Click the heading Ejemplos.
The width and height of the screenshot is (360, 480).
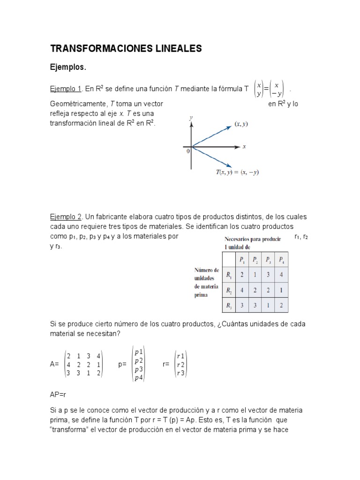click(x=68, y=67)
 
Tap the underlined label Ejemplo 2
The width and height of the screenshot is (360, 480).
click(x=66, y=217)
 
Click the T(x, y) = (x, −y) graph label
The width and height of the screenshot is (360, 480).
click(x=237, y=172)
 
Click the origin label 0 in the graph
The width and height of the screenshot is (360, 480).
click(x=187, y=151)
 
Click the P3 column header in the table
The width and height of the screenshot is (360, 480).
click(x=268, y=260)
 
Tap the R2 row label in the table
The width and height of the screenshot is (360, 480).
click(x=229, y=290)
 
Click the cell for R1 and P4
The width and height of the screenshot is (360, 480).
click(x=281, y=275)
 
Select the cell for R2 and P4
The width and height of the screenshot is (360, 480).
click(x=281, y=290)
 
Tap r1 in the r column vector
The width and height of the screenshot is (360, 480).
click(x=180, y=356)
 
